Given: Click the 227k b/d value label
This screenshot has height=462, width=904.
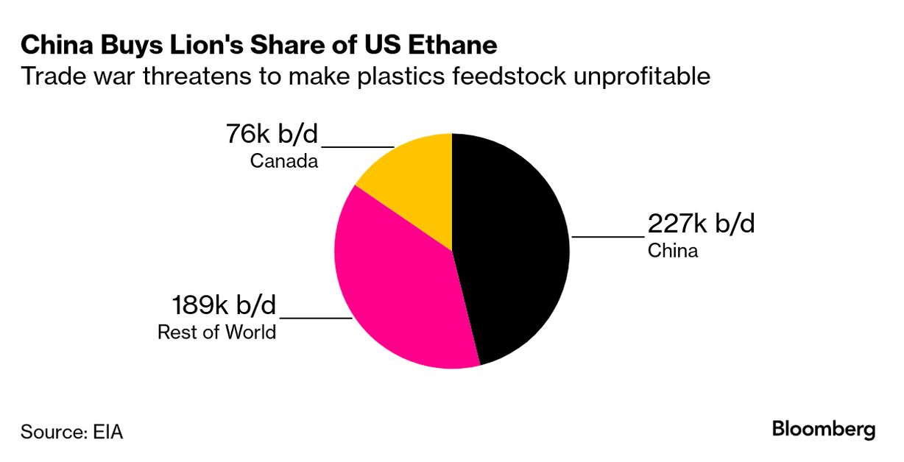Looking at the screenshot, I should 701,223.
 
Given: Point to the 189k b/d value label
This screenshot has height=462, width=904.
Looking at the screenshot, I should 224,305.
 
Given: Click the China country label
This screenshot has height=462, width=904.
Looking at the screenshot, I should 672,251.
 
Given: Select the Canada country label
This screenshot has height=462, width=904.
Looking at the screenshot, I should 284,160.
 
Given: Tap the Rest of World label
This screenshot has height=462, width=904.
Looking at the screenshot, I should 216,332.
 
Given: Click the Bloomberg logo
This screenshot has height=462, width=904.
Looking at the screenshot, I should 824,429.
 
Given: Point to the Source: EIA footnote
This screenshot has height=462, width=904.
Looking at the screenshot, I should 71,432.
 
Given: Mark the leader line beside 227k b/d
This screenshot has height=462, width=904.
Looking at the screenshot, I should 607,237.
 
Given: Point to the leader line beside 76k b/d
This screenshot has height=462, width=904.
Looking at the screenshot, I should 359,147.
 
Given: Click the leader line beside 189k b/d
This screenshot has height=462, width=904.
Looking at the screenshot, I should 316,319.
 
